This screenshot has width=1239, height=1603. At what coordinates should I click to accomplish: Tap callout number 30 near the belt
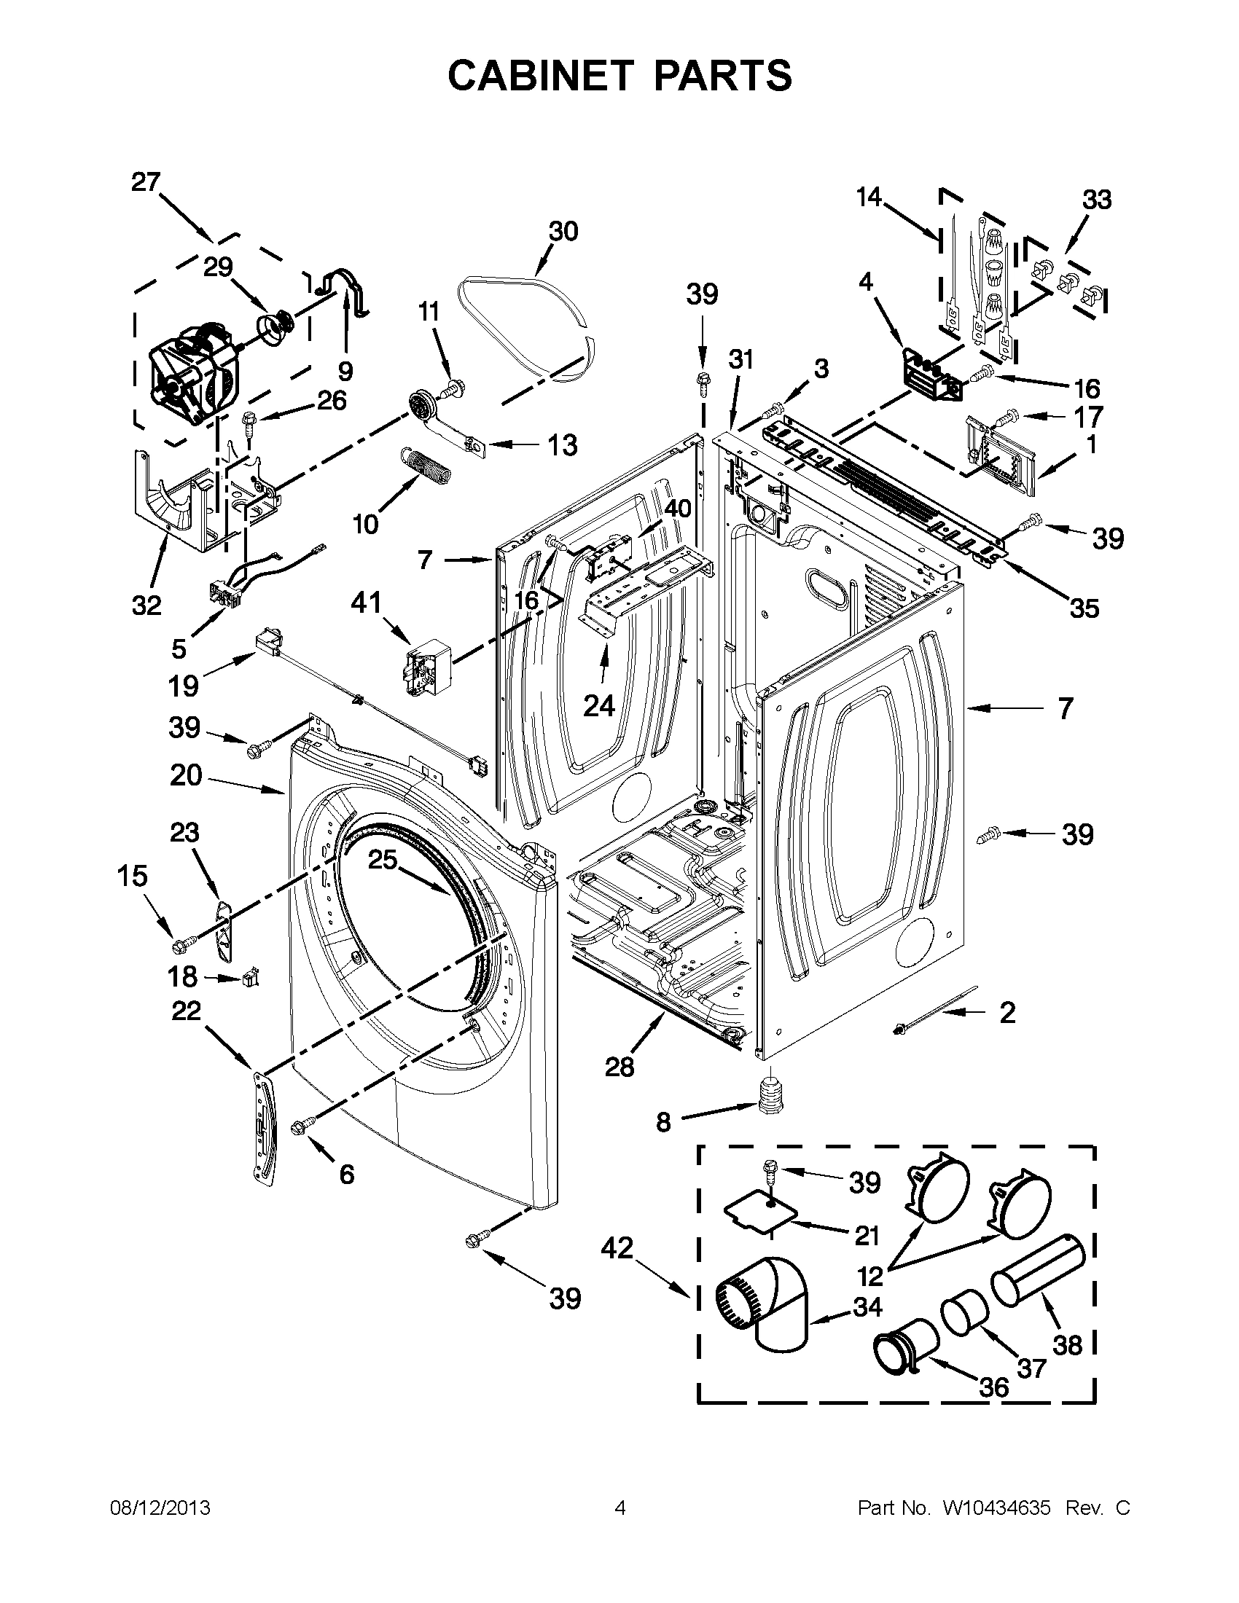pos(563,231)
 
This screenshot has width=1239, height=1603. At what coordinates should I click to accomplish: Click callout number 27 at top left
pos(146,182)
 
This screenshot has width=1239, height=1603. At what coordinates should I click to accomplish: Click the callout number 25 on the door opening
pos(383,860)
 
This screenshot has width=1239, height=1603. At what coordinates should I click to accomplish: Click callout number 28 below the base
pos(619,1067)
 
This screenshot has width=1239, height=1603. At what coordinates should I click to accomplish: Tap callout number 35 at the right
pos(1084,608)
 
